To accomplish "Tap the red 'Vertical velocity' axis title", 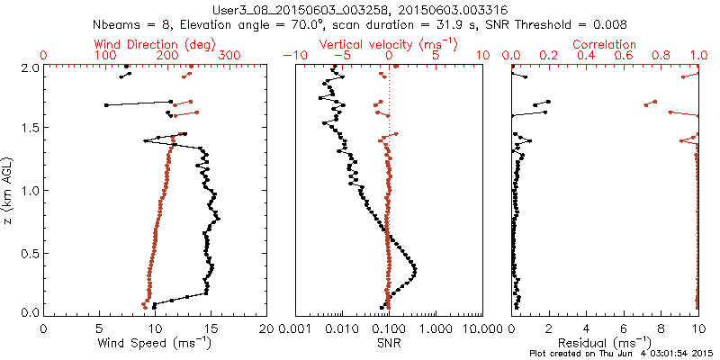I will [x=388, y=44].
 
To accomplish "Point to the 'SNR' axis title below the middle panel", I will [x=388, y=343].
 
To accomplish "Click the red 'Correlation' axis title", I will [x=605, y=44].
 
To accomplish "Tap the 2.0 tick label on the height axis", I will [x=30, y=67].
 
